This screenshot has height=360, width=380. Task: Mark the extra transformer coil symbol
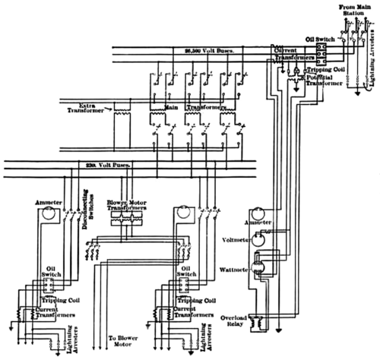click(x=120, y=112)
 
